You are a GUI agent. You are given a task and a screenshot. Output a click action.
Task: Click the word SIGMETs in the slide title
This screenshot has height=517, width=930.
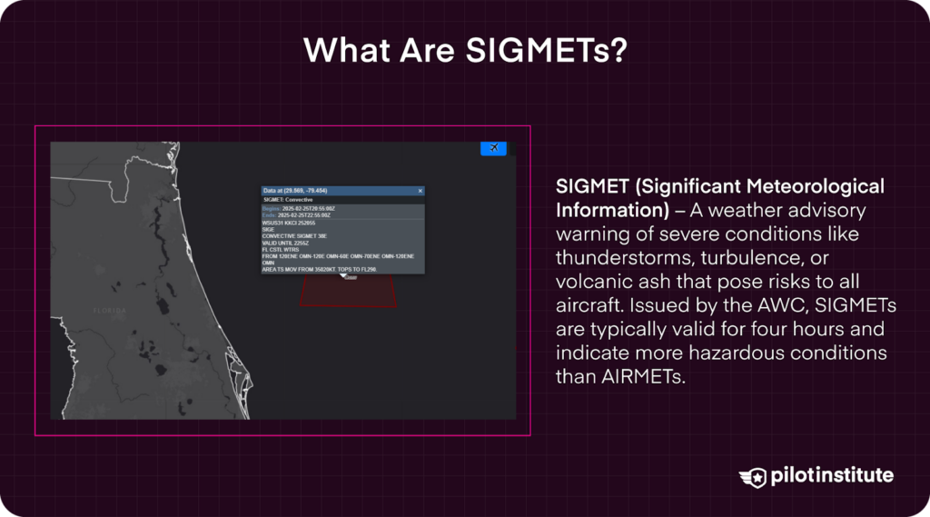545,49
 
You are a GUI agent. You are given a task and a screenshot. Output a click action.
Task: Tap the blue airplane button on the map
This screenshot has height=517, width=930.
493,147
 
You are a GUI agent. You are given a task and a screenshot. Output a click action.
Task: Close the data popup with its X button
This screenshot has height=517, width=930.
420,191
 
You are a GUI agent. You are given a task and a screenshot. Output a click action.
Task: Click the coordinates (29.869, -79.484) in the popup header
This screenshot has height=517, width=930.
308,191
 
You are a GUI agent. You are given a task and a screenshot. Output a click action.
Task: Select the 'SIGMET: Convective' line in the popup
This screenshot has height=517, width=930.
288,199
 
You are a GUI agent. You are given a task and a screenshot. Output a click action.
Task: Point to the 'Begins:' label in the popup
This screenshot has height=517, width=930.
272,208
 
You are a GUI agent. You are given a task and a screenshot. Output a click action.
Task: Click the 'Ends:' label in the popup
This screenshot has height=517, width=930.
270,214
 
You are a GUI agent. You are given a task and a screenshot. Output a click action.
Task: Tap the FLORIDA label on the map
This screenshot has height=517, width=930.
110,310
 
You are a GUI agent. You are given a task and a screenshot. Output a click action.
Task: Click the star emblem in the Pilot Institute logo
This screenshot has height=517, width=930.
754,476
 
